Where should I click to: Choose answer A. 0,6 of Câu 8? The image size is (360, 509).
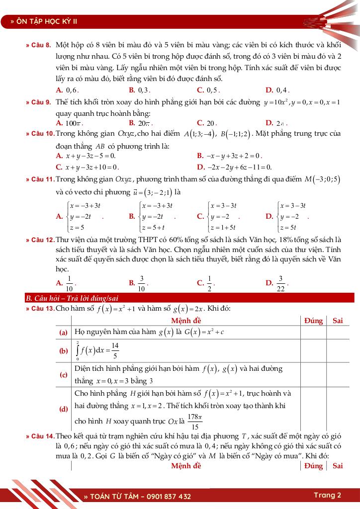tap(67, 90)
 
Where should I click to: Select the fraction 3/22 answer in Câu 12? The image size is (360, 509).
tap(280, 283)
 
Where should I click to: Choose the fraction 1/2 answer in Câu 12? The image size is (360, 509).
tap(209, 283)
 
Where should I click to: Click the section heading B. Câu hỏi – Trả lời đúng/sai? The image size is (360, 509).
tap(72, 298)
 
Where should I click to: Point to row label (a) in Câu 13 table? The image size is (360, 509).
tap(64, 332)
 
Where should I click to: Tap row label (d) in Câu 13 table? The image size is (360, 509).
tap(64, 409)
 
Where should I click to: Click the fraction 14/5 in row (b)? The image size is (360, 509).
tap(115, 350)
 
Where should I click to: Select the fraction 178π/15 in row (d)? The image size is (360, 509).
tap(195, 422)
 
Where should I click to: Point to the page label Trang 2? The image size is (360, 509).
tap(327, 495)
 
